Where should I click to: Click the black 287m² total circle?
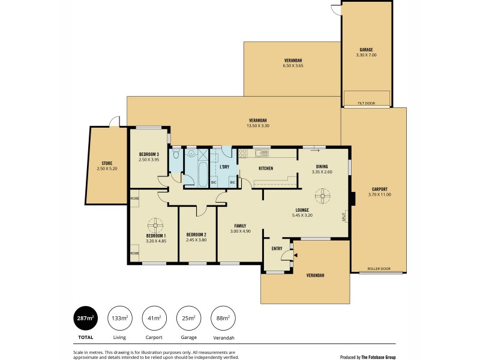coord(85,318)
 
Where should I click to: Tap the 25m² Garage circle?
coord(188,318)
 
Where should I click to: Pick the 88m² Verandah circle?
coord(223,318)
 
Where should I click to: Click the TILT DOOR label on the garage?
coord(366,103)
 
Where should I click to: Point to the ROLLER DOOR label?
coord(379,269)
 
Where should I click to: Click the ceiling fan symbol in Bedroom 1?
coord(155,226)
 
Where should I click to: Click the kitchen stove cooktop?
coord(243,154)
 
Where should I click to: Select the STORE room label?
coord(107,163)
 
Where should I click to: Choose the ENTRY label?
coord(277,249)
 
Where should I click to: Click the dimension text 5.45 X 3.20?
coord(303,215)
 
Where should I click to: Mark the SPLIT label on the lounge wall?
coord(344,216)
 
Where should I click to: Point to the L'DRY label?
coord(225,166)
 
